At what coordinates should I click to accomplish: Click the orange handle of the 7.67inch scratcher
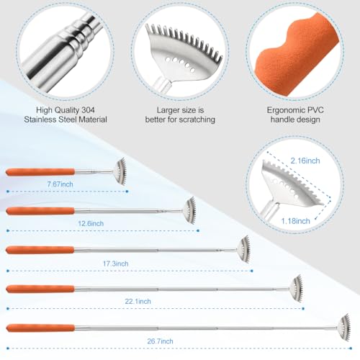(40, 172)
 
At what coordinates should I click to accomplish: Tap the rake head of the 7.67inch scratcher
(120, 171)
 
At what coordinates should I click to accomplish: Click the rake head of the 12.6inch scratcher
(189, 210)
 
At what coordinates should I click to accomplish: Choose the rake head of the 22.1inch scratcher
(297, 287)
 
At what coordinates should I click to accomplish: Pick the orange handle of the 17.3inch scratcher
(40, 249)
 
